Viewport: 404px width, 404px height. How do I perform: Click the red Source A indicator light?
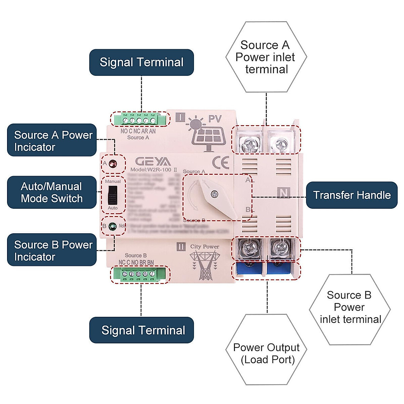pos(113,164)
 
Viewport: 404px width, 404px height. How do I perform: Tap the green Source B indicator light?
pos(113,226)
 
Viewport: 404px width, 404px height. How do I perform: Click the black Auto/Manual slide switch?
pos(113,195)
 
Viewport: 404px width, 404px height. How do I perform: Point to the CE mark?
pos(221,163)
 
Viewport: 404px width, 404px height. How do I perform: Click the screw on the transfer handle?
pos(213,194)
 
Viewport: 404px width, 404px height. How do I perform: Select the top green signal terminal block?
pos(139,120)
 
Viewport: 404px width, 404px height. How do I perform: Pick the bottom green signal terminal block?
pos(139,274)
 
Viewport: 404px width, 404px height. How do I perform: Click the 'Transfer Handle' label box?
pos(351,195)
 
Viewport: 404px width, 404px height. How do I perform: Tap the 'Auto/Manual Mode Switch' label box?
pos(52,192)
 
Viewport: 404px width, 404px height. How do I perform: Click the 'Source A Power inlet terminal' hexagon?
pos(266,57)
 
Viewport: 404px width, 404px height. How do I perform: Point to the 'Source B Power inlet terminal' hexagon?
pos(349,308)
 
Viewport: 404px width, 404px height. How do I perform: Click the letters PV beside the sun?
pos(215,119)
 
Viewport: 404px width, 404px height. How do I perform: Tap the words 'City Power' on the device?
pos(204,246)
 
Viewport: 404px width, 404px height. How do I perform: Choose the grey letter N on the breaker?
pos(284,193)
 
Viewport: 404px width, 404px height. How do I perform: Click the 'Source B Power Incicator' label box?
pos(52,250)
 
